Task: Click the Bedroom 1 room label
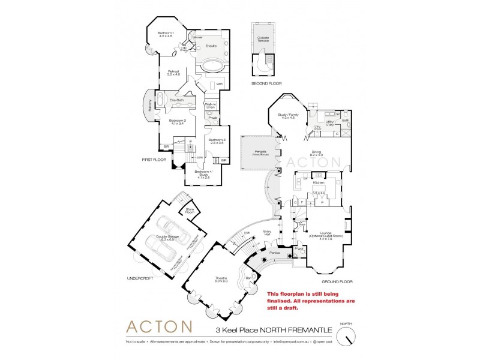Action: pos(165,34)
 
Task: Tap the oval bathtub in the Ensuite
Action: pos(211,66)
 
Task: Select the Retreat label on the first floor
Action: pos(173,73)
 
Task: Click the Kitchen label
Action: pos(318,182)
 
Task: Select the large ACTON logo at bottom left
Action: pos(159,327)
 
